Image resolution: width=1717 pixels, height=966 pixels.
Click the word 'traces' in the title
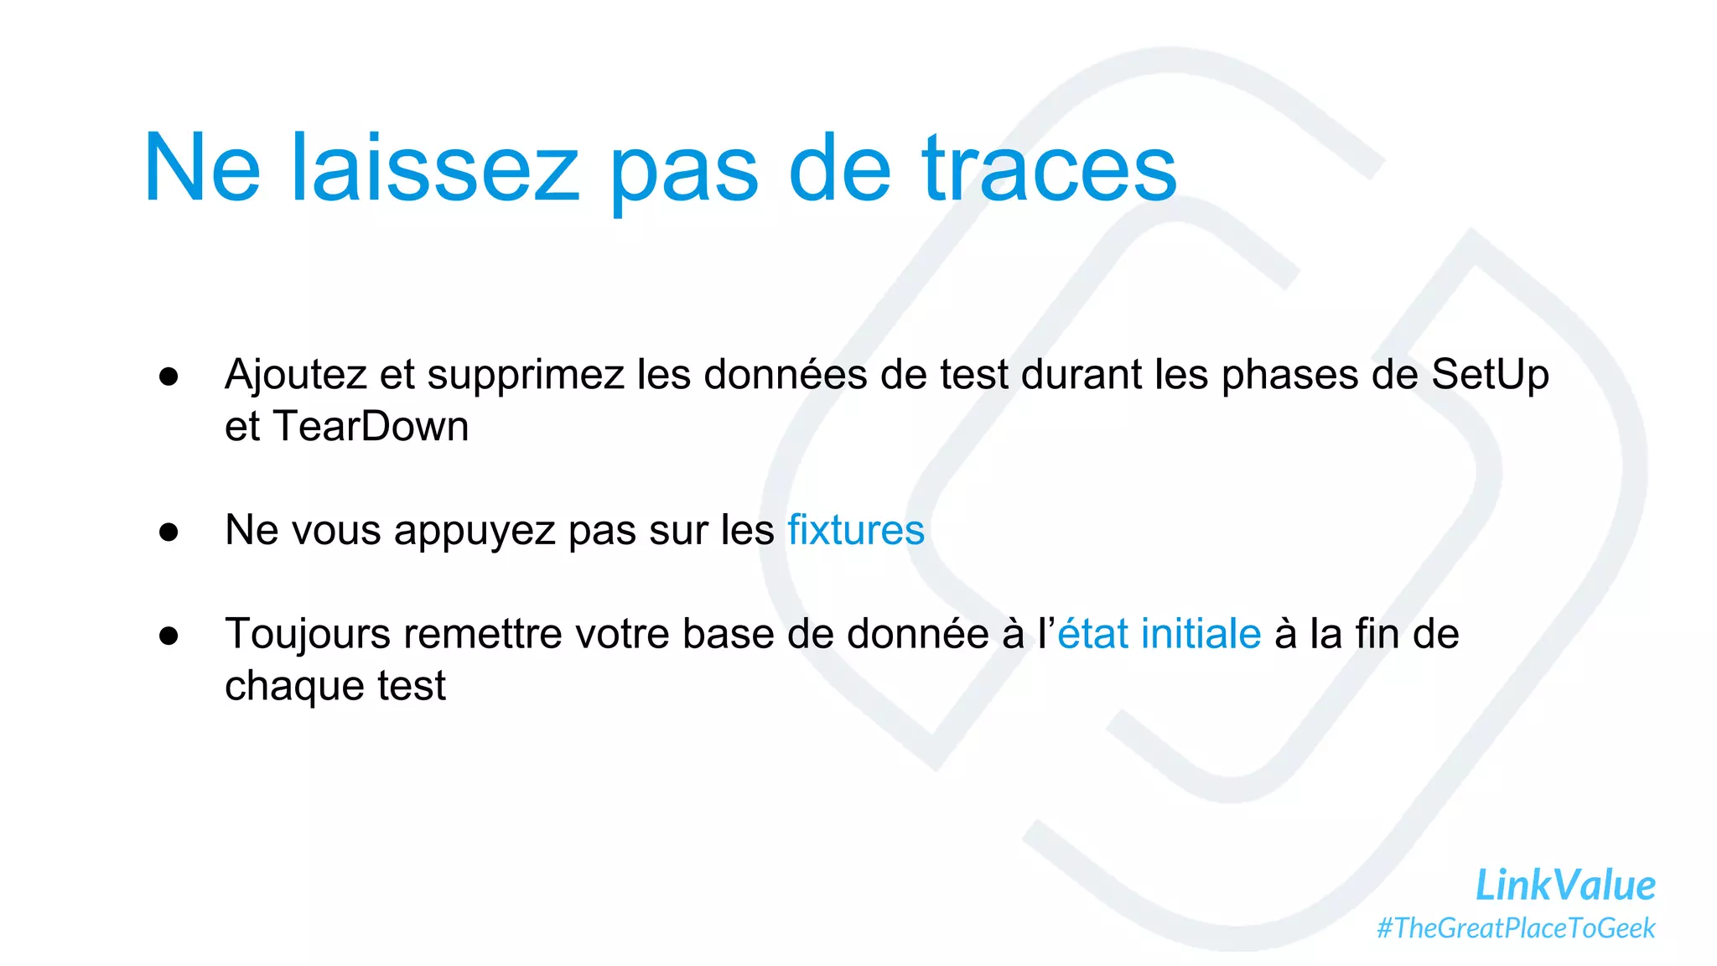pyautogui.click(x=1050, y=169)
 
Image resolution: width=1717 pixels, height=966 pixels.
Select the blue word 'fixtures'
pyautogui.click(x=855, y=530)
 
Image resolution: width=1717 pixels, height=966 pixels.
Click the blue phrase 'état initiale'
pyautogui.click(x=1159, y=634)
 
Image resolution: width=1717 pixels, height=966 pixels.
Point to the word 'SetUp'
pyautogui.click(x=1490, y=375)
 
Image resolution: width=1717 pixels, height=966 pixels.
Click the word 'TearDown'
pyautogui.click(x=371, y=427)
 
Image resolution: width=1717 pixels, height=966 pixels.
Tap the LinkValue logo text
pyautogui.click(x=1564, y=885)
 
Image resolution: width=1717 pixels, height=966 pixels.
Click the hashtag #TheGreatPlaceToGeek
pyautogui.click(x=1516, y=928)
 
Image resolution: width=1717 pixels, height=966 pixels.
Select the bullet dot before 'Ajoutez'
pyautogui.click(x=169, y=377)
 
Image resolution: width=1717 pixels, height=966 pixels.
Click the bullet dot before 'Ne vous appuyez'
pyautogui.click(x=169, y=532)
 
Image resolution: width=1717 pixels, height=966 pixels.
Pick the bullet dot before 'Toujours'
pyautogui.click(x=169, y=636)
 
